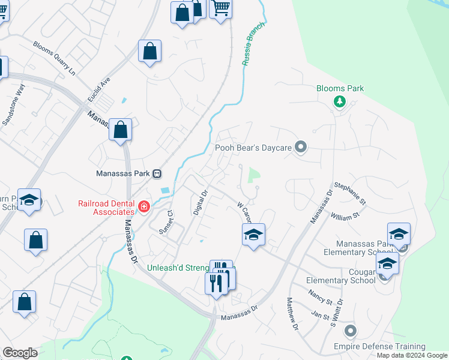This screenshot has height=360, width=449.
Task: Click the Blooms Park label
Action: (x=340, y=88)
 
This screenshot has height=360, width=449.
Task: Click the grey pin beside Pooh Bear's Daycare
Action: (x=301, y=147)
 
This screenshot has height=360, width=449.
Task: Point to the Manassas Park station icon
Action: (x=157, y=173)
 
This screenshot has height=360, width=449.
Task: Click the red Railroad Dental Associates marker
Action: (x=143, y=208)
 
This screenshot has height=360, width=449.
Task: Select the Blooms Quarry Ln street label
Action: (x=55, y=58)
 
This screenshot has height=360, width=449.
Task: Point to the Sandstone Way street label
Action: (x=14, y=106)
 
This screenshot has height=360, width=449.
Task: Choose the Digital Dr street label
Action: (x=199, y=202)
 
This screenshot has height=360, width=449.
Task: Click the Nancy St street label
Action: (x=321, y=296)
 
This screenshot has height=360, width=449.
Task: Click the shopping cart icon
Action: (x=221, y=8)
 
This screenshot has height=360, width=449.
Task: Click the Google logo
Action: (x=20, y=353)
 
